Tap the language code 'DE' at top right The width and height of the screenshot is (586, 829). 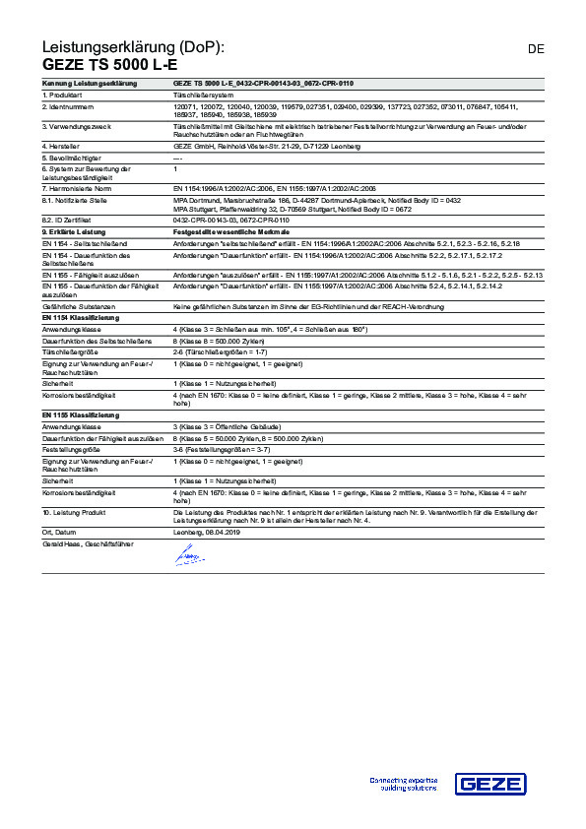[x=536, y=48]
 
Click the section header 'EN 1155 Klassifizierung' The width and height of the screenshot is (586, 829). [x=80, y=414]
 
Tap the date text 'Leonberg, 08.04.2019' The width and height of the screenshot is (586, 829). [x=207, y=531]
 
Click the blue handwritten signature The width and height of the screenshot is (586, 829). [x=188, y=557]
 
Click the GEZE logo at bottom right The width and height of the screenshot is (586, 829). [x=497, y=784]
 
